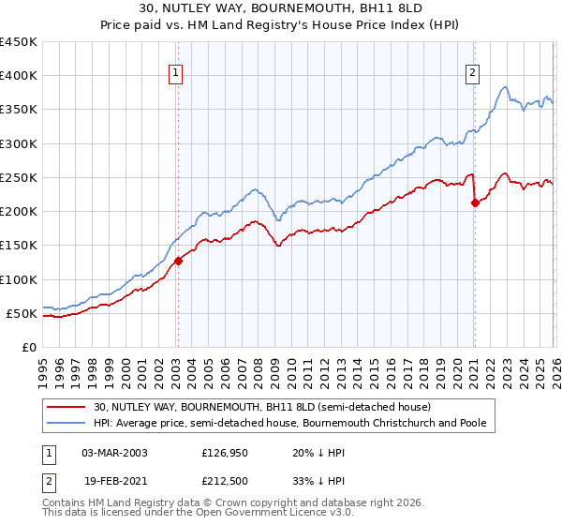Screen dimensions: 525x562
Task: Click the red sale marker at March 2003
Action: pos(178,262)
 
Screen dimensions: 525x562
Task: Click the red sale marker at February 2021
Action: pos(475,202)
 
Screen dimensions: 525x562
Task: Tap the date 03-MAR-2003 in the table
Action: pos(114,453)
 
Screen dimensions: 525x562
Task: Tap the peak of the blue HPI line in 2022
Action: pos(505,87)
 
